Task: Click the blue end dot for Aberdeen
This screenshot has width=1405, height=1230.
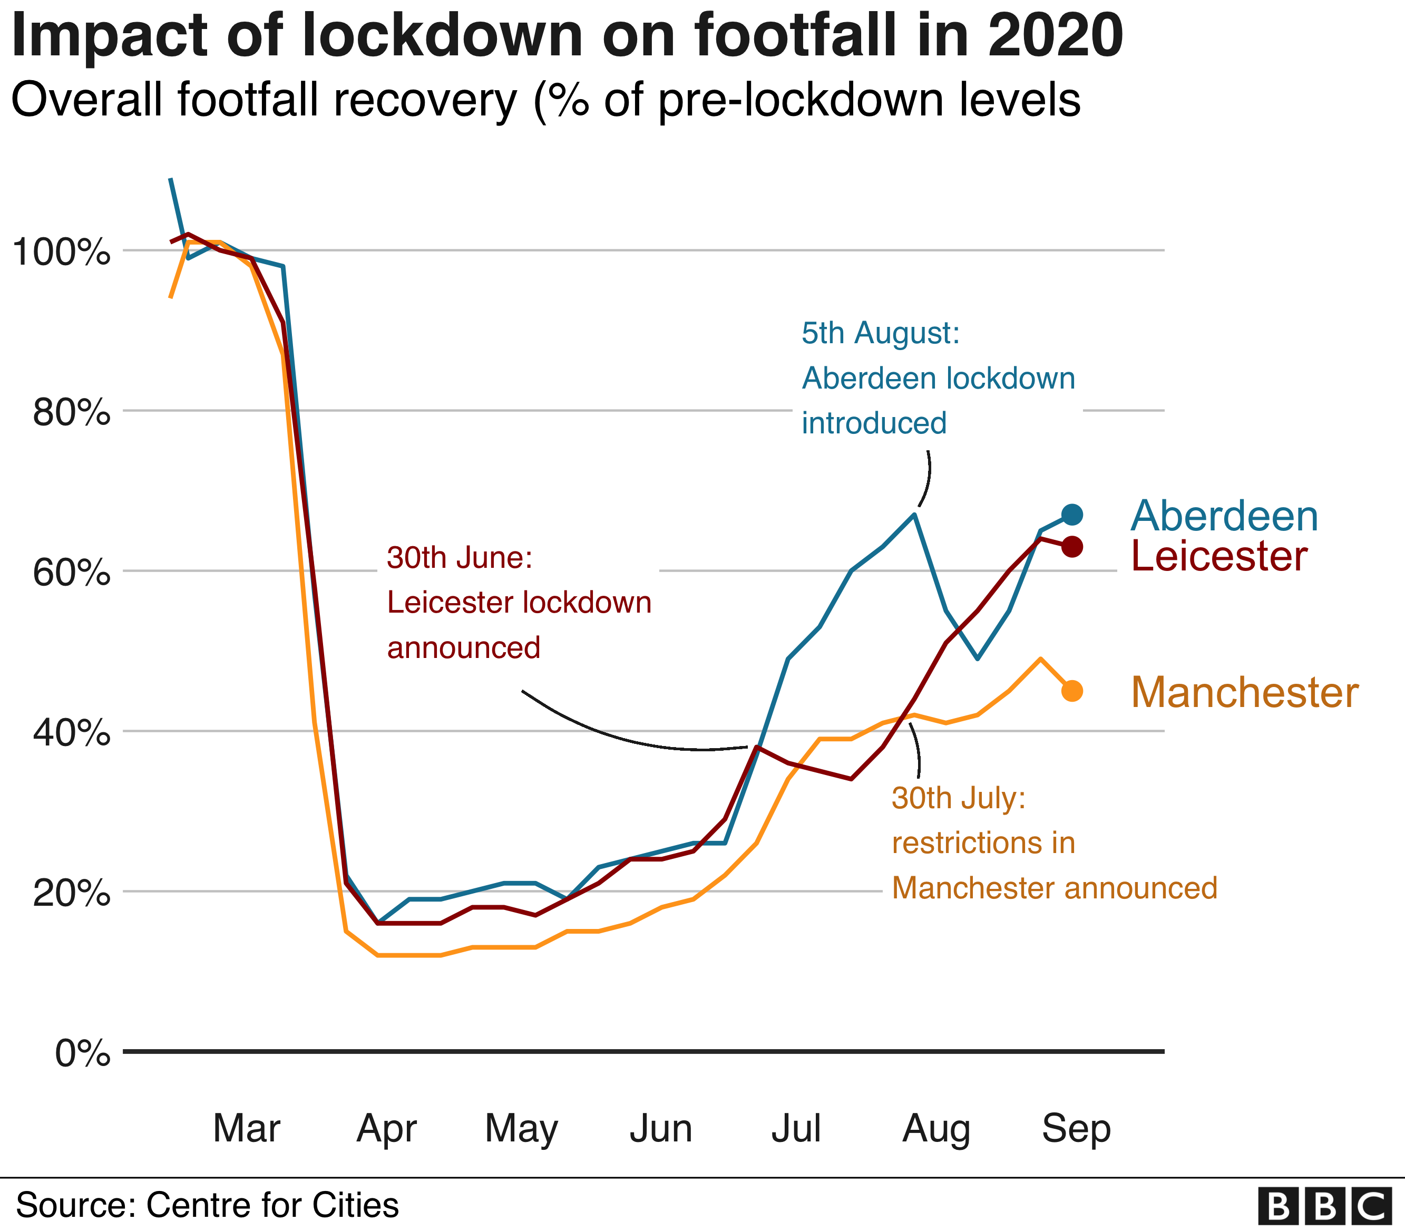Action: pyautogui.click(x=1072, y=514)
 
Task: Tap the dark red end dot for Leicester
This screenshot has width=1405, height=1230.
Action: pyautogui.click(x=1072, y=547)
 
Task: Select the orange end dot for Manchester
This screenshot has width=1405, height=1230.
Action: pyautogui.click(x=1072, y=691)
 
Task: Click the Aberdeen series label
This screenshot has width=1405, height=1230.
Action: pyautogui.click(x=1224, y=516)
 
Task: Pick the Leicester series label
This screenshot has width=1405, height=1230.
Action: pyautogui.click(x=1219, y=556)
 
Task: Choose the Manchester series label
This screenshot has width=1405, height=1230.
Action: pyautogui.click(x=1244, y=693)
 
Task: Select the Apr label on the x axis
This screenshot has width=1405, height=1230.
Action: pyautogui.click(x=386, y=1128)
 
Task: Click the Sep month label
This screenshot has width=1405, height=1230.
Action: pyautogui.click(x=1076, y=1128)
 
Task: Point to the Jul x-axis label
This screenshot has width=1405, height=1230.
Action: pyautogui.click(x=796, y=1128)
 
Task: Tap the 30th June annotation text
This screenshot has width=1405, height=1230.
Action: pyautogui.click(x=519, y=603)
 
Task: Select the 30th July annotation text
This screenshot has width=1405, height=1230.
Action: pyautogui.click(x=1054, y=843)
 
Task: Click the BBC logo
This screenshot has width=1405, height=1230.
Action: pyautogui.click(x=1325, y=1206)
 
